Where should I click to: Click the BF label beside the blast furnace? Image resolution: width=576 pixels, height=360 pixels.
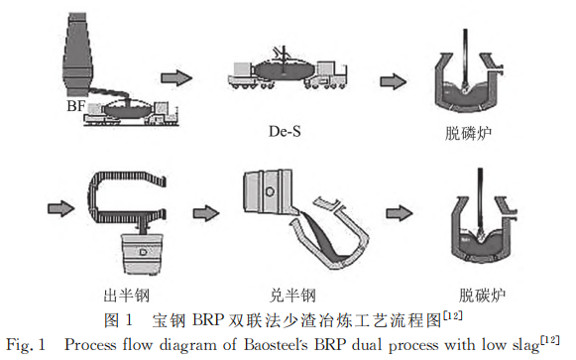coord(76,106)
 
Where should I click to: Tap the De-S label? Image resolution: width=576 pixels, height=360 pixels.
coord(285,131)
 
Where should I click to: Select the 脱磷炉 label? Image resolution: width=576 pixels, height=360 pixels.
coord(468,133)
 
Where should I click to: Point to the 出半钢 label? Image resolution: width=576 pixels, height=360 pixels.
coord(127,295)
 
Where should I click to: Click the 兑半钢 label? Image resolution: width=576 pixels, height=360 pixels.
coord(292,295)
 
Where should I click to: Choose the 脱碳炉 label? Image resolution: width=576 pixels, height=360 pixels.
coord(482,295)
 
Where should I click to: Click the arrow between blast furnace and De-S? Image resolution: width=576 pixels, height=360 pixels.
coord(176,77)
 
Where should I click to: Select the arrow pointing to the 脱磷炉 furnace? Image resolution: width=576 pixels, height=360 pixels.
coord(393,81)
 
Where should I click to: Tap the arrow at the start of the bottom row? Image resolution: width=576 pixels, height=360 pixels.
coord(61,208)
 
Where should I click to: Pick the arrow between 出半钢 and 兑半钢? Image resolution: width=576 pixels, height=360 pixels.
coord(206,213)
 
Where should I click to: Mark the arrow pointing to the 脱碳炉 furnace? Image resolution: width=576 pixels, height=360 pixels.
coord(400,213)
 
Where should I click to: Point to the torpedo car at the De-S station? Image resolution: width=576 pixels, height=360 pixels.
coord(288,73)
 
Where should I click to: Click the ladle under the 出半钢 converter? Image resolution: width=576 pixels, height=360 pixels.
coord(143,253)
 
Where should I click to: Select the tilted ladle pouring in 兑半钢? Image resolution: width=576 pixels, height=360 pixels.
coord(268,191)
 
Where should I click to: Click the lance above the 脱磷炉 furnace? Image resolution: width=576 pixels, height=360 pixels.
coord(466,59)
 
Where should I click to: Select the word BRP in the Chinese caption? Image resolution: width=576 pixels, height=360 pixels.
coord(207,320)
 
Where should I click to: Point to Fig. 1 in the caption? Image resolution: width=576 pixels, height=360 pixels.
coord(26,345)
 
